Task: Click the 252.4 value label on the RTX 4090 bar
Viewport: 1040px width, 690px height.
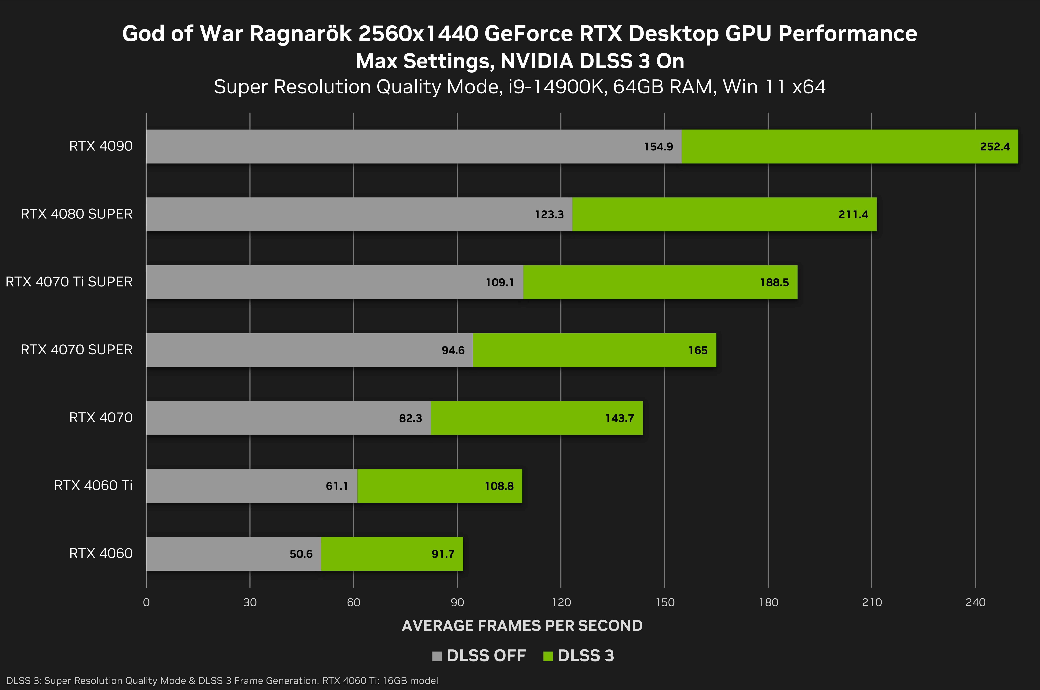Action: coord(995,147)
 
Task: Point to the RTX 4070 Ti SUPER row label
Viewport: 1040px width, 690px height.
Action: coord(69,282)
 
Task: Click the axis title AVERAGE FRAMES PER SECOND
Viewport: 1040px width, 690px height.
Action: coord(522,625)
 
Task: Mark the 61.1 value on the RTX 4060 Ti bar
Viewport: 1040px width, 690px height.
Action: coord(337,486)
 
